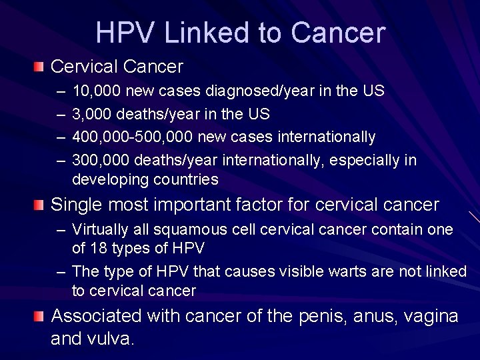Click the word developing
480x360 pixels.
tap(111, 179)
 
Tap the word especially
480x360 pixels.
tap(366, 160)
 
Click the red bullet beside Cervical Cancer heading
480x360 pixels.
tap(41, 67)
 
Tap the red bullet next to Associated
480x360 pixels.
tap(41, 315)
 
